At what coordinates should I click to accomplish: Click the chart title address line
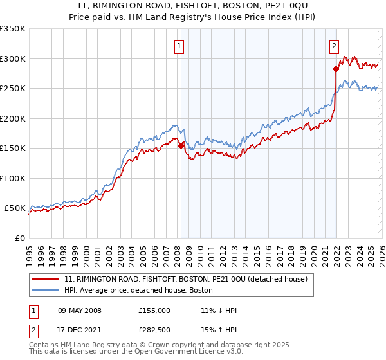193,6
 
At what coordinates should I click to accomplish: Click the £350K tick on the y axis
13,29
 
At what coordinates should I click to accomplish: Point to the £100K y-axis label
13,178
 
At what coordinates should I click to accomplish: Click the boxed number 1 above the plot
178,46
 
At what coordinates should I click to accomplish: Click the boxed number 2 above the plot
335,46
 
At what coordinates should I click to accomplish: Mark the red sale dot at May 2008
181,146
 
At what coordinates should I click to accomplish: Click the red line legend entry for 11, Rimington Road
186,279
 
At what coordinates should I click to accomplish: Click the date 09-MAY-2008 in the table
80,310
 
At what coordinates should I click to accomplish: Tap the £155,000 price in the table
154,310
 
